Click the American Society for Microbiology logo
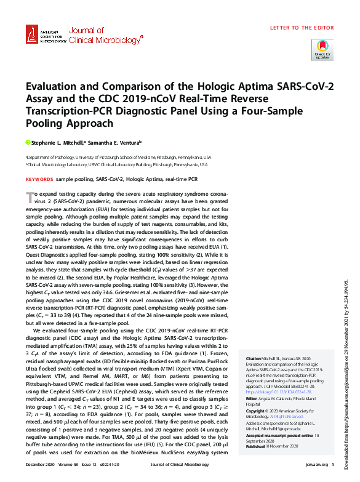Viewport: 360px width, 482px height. tap(44, 35)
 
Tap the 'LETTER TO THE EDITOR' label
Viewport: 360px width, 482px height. tap(301, 28)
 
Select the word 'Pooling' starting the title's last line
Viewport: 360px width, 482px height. tap(44, 123)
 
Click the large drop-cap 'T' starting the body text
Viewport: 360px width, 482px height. tap(28, 195)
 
